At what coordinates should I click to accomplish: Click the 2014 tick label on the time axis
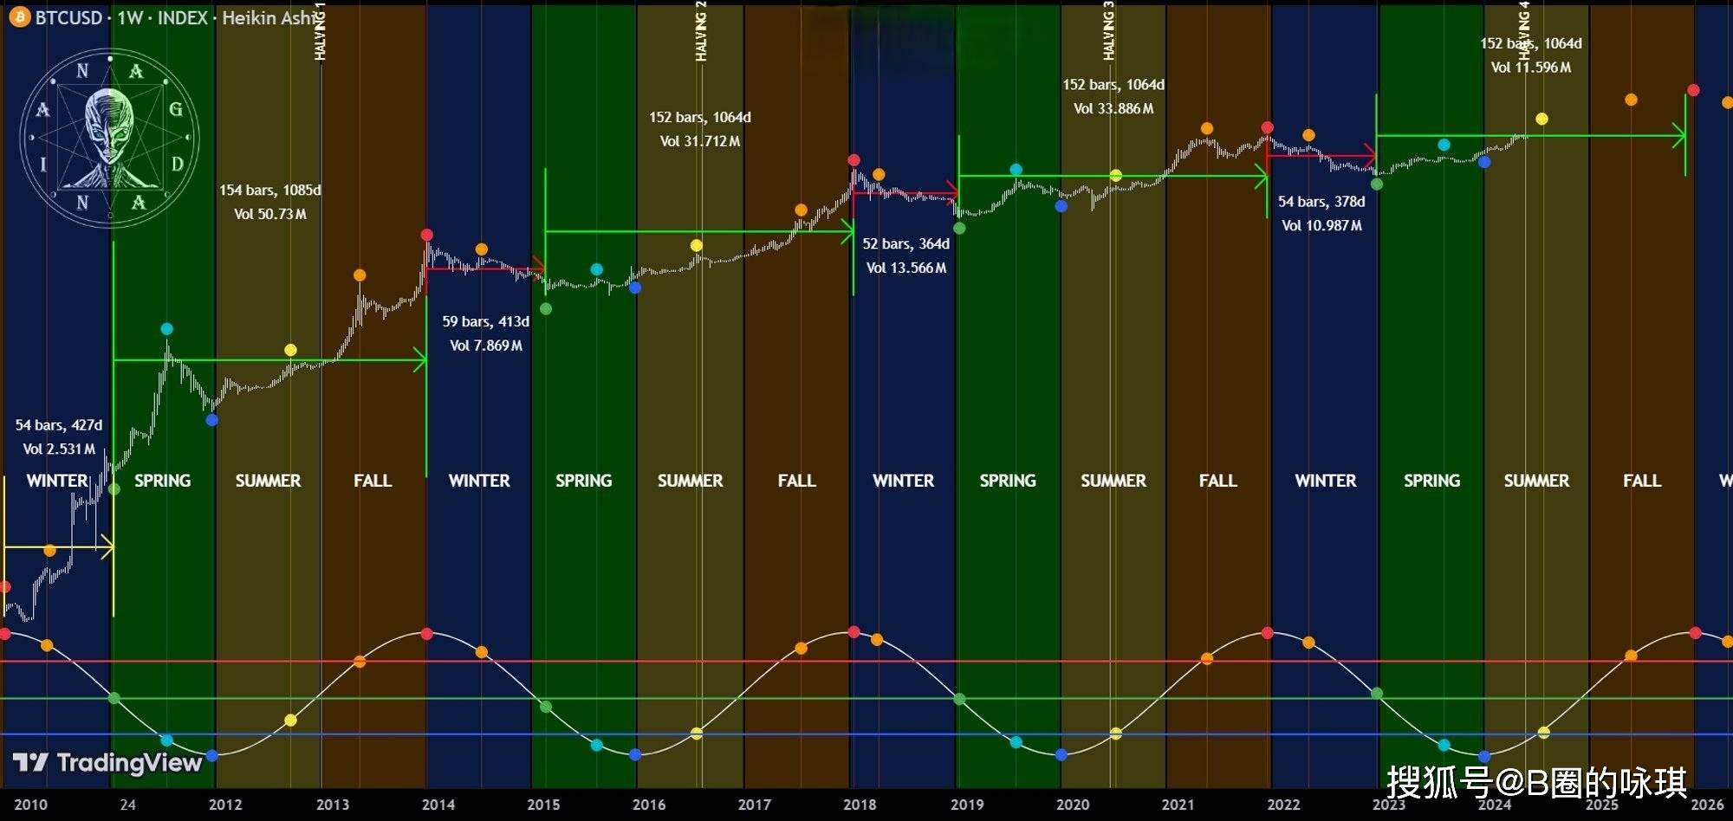point(438,805)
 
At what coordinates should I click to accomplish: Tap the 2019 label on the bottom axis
point(967,805)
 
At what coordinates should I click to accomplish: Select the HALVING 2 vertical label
point(701,31)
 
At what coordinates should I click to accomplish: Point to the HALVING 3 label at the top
point(1108,31)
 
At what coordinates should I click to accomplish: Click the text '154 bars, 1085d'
point(269,191)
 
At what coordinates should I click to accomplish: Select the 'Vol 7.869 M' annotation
point(485,346)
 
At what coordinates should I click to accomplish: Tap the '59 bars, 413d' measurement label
point(485,322)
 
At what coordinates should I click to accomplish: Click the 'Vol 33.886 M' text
point(1113,109)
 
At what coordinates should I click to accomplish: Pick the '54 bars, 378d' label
point(1321,202)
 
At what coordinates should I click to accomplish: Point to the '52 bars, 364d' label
point(905,244)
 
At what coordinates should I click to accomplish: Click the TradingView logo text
point(107,763)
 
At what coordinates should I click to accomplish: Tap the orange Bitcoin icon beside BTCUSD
point(19,17)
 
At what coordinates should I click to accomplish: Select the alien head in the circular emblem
point(110,130)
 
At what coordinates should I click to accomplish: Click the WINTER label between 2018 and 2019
point(903,481)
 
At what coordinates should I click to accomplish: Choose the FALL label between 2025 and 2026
point(1642,481)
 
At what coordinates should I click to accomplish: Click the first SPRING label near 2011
point(162,481)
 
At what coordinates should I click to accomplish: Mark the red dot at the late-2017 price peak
point(854,160)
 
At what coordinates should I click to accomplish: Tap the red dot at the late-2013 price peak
point(426,235)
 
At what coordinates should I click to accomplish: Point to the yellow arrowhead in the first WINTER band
point(107,547)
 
